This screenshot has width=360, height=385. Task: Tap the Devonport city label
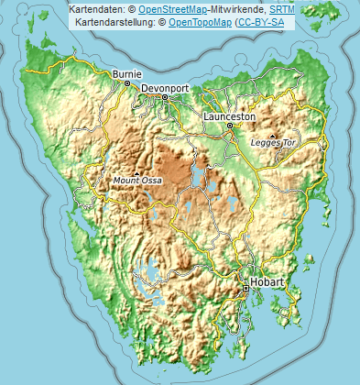(x=166, y=88)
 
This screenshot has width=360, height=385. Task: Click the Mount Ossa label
(x=137, y=181)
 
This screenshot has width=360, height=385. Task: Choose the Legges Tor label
(x=273, y=144)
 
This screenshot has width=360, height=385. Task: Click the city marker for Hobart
(x=245, y=289)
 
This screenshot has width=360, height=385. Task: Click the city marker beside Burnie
(x=110, y=81)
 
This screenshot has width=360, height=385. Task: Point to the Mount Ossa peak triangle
(x=137, y=172)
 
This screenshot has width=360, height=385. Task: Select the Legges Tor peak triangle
(x=272, y=136)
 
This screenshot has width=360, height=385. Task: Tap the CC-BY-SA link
(x=262, y=20)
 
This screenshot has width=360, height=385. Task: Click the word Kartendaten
(x=97, y=8)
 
